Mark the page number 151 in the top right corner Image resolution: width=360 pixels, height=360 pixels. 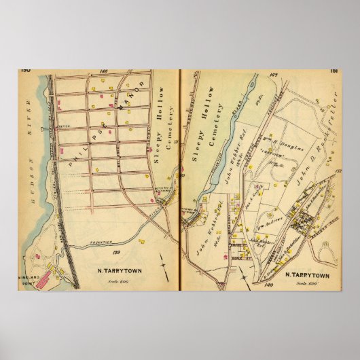[334, 69]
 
